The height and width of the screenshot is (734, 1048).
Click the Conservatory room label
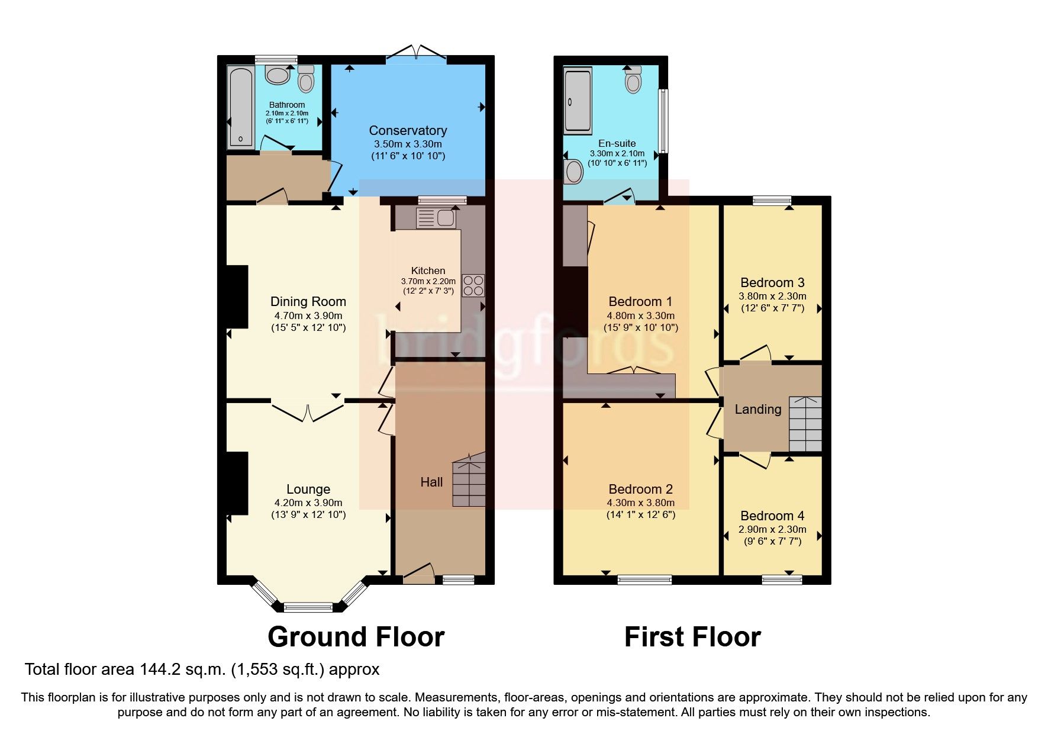(408, 131)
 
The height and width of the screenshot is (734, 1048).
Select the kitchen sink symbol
(436, 218)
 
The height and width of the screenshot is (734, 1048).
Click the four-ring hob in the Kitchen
(473, 285)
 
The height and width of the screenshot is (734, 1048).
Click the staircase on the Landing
(805, 424)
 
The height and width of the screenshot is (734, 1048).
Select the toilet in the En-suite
(633, 80)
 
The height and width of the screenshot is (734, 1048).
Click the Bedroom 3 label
(772, 283)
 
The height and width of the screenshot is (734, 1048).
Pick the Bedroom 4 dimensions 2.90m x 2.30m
(772, 530)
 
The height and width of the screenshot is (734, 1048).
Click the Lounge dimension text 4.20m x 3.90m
(308, 503)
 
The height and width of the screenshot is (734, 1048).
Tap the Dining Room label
(308, 302)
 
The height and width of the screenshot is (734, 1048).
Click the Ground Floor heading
(356, 638)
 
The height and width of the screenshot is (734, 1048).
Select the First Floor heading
(692, 638)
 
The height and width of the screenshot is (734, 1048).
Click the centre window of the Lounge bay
(308, 607)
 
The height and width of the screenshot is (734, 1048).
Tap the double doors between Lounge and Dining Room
(308, 411)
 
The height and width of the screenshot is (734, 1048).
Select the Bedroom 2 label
(640, 490)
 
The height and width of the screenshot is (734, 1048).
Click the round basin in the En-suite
(573, 172)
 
